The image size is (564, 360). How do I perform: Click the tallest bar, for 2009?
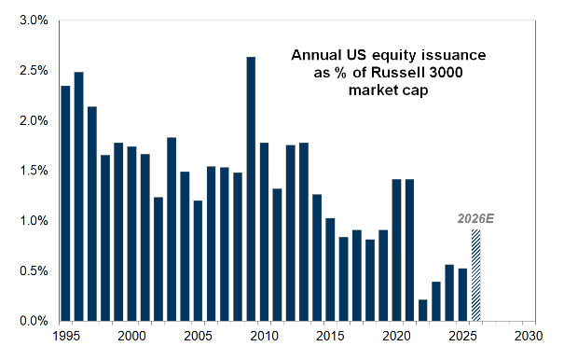coord(251,188)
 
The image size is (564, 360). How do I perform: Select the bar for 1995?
coord(65,203)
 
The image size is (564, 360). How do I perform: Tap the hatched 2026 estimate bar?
coord(475,275)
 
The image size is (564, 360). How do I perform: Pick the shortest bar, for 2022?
coord(423,310)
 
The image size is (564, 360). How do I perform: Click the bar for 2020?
coord(397,250)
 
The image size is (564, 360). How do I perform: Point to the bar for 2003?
coord(172,228)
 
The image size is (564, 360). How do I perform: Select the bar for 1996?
coord(78,196)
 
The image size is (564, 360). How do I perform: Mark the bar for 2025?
coord(463,295)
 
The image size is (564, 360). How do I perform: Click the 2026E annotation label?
coord(475,218)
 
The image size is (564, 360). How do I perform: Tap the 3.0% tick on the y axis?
coord(34,21)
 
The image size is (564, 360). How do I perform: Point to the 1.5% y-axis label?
coord(34,171)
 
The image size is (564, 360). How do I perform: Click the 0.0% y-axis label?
coord(34,321)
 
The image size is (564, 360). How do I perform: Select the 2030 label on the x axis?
coord(529,337)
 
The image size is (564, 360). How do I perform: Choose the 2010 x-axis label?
coord(265,337)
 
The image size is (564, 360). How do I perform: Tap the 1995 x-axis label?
coord(66,337)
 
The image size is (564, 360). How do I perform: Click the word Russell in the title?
coord(393,73)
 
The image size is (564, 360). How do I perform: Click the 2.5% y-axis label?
coord(34,70)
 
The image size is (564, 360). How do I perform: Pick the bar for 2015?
coord(330,270)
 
